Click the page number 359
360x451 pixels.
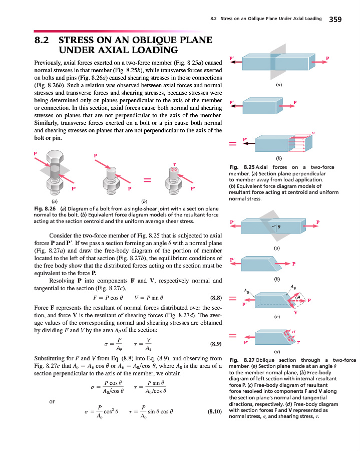[x=335, y=20]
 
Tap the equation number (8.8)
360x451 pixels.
[x=213, y=297]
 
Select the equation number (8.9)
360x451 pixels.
[x=213, y=344]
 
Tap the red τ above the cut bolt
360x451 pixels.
[x=175, y=163]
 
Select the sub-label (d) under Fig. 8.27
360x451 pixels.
[x=276, y=352]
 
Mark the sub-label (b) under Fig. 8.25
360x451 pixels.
[x=276, y=158]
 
